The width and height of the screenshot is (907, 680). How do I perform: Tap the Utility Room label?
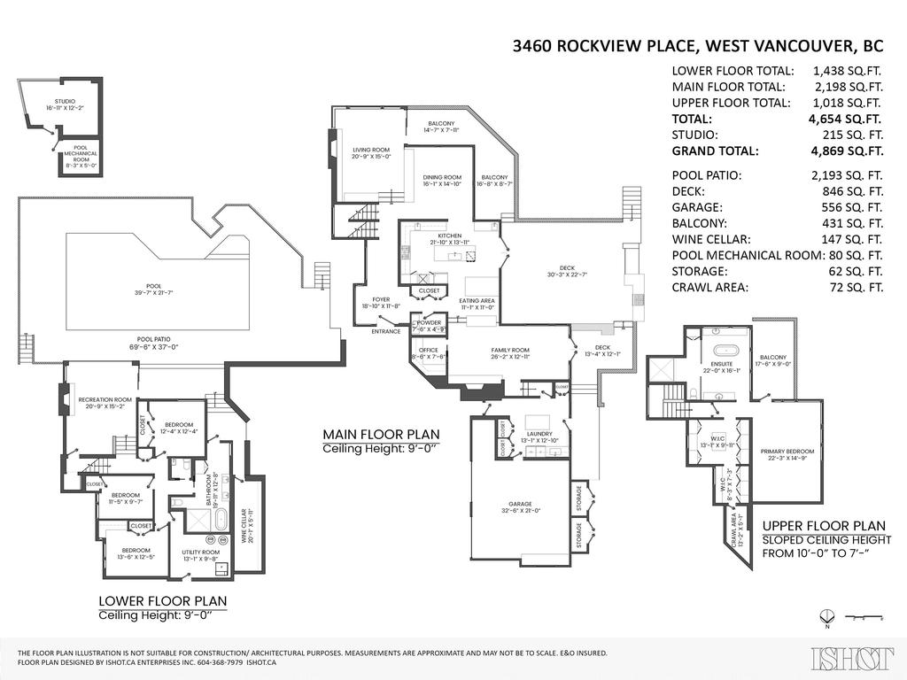click(x=200, y=555)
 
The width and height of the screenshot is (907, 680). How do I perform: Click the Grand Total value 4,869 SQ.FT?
click(x=848, y=151)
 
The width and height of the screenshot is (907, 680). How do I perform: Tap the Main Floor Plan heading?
click(x=380, y=435)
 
